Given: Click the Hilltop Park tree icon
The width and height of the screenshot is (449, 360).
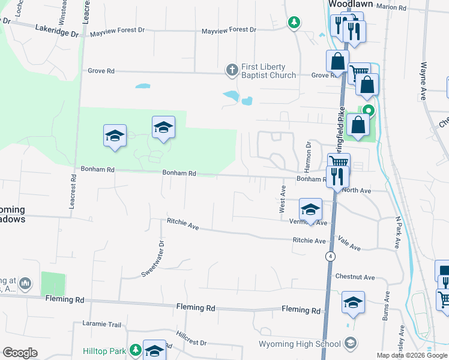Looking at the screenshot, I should pyautogui.click(x=136, y=349).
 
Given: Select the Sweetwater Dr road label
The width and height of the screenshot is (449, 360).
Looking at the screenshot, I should pyautogui.click(x=152, y=257).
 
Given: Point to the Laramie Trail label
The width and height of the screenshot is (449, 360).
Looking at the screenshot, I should pyautogui.click(x=101, y=325).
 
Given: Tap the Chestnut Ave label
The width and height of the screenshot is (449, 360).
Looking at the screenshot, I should pyautogui.click(x=355, y=277).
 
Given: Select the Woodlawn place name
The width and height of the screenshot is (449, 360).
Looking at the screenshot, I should pyautogui.click(x=351, y=4).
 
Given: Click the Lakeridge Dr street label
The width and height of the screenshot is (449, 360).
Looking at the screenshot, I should pyautogui.click(x=57, y=29).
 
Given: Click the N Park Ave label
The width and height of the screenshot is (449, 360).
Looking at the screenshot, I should pyautogui.click(x=397, y=232).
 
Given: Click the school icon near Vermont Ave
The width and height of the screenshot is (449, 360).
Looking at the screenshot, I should pyautogui.click(x=310, y=209).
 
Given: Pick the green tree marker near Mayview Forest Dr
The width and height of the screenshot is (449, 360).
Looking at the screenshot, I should pyautogui.click(x=293, y=23).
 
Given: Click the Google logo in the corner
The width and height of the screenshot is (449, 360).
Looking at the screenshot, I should pyautogui.click(x=20, y=353).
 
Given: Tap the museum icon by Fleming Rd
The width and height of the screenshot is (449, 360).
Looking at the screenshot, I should pyautogui.click(x=25, y=283).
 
